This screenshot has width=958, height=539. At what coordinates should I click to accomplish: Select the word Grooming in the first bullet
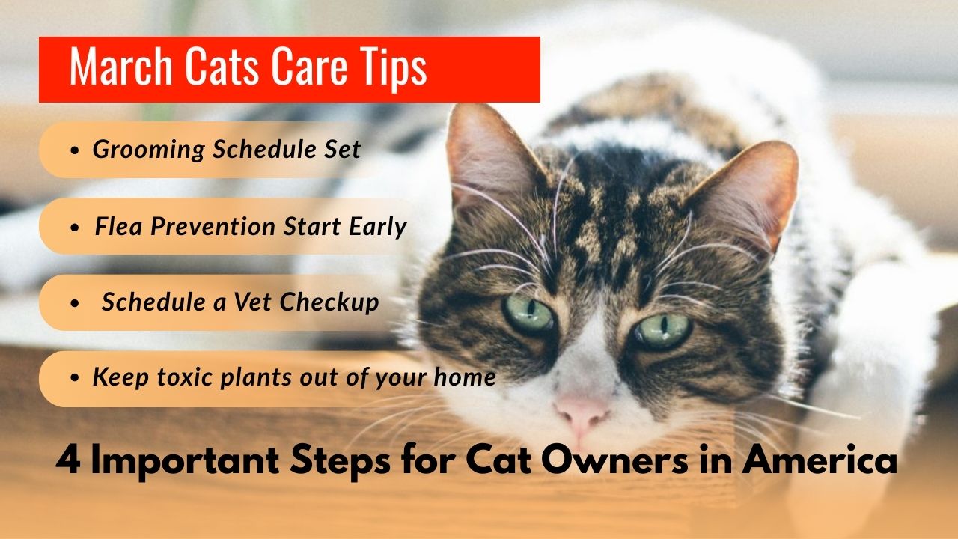click(x=148, y=150)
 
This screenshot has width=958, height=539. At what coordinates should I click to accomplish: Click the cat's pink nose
click(x=582, y=411)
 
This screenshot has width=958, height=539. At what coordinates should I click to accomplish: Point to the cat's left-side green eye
click(x=528, y=312)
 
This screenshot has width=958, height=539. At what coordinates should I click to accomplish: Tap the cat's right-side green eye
click(x=663, y=329)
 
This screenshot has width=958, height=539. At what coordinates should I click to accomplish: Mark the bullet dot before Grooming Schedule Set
click(x=74, y=150)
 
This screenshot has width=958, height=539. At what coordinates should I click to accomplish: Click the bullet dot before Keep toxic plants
click(x=74, y=378)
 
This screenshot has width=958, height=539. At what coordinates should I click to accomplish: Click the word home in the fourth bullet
click(x=466, y=377)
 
